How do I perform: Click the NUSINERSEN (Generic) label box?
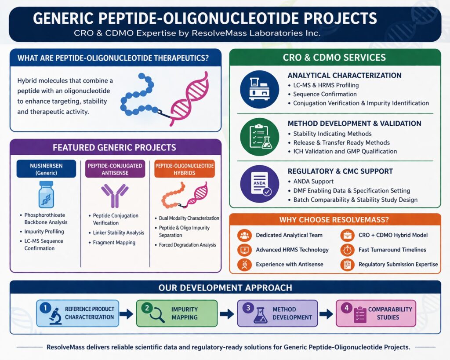click(46, 169)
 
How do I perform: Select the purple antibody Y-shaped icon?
click(115, 195)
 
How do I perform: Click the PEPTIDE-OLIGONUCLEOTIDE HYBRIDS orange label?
click(184, 169)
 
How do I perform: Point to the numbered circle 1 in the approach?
click(44, 308)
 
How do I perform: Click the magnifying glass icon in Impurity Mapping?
click(157, 316)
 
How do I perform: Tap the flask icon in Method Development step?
click(260, 316)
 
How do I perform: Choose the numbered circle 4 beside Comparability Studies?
click(347, 308)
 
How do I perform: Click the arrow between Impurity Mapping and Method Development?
click(227, 314)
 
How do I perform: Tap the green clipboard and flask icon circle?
click(259, 137)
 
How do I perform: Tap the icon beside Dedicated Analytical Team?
click(244, 235)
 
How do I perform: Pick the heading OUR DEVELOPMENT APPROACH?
click(225, 288)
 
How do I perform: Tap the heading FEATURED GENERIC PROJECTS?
click(114, 147)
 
